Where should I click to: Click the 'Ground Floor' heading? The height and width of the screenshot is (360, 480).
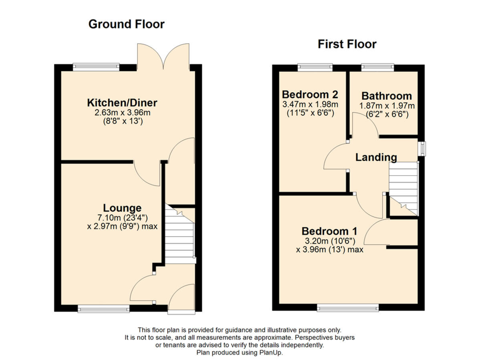click(x=126, y=24)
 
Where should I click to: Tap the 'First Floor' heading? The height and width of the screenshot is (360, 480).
click(x=347, y=44)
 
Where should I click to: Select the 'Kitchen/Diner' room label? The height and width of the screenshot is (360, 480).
click(x=122, y=103)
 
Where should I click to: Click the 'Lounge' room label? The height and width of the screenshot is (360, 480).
click(x=122, y=208)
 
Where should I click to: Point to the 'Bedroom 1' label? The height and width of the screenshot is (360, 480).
click(x=329, y=231)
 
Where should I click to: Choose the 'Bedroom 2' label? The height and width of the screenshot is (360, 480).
click(x=310, y=95)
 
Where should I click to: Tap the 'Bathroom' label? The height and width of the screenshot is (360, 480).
click(x=386, y=96)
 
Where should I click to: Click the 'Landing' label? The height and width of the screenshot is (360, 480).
click(x=376, y=158)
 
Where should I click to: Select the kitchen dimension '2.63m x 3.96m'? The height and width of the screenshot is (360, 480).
click(x=122, y=113)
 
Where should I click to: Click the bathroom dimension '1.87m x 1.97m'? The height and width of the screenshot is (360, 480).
click(x=386, y=106)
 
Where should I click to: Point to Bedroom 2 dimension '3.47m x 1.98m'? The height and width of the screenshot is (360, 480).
click(x=310, y=105)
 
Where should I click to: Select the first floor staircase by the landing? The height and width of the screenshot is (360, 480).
click(x=403, y=188)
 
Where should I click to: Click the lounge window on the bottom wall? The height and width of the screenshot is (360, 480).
click(x=103, y=308)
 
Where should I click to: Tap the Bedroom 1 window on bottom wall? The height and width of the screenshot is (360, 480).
click(x=347, y=307)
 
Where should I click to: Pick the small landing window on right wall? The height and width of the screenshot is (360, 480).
click(x=421, y=148)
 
